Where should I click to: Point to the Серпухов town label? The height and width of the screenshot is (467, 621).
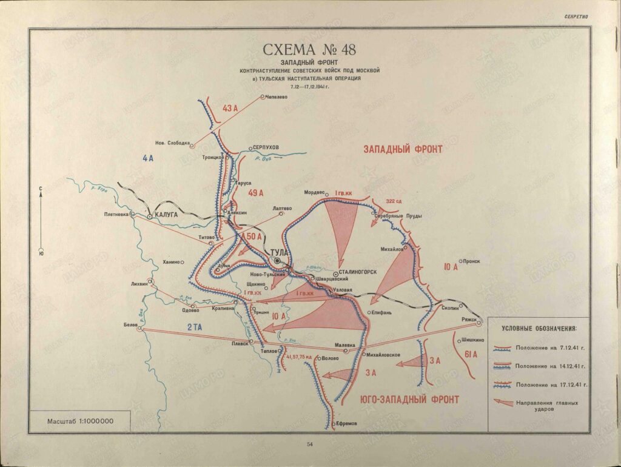click(266, 148)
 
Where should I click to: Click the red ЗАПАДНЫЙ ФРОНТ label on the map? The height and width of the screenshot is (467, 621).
click(403, 149)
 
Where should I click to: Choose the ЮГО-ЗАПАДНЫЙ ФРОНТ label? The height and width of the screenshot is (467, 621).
click(409, 399)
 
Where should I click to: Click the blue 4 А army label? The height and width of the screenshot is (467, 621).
click(149, 158)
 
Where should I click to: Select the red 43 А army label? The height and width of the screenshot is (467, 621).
click(230, 109)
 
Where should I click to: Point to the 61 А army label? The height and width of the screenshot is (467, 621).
click(470, 354)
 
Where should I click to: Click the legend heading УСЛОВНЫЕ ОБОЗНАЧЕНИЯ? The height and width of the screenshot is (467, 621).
click(539, 328)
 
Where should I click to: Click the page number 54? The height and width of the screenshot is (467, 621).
click(309, 445)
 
